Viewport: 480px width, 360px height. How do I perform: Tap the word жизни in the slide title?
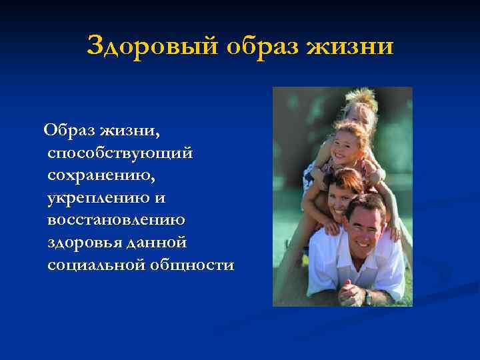(x=353, y=47)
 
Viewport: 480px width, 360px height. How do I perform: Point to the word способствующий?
(x=120, y=153)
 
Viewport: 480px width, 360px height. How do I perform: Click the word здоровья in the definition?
(x=81, y=243)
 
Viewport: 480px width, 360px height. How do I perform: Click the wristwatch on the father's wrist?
(x=367, y=294)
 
